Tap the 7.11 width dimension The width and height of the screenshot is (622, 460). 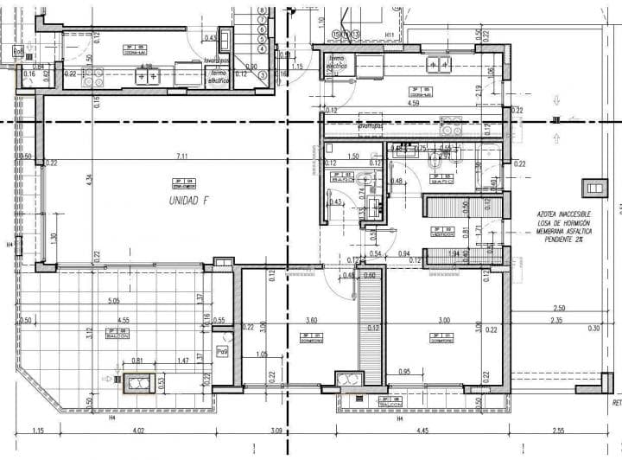coord(182,156)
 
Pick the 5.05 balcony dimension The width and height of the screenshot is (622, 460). coord(113,301)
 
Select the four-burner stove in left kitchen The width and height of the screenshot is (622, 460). coord(148,76)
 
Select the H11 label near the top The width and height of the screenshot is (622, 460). coord(390,35)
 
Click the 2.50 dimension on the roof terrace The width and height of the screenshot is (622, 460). coord(559,308)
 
